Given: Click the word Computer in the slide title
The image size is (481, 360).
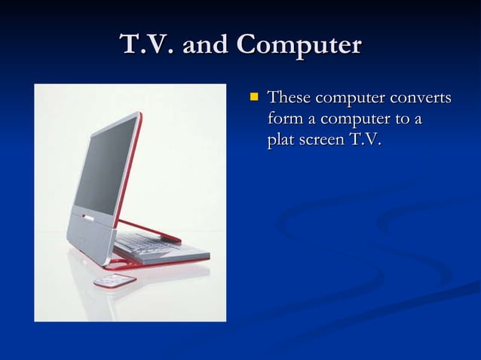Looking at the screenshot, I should click(299, 46).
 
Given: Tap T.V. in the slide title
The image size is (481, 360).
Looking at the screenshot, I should click(147, 46).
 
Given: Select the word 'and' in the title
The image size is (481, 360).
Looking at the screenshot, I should click(204, 46).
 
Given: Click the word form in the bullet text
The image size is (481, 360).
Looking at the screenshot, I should click(283, 120).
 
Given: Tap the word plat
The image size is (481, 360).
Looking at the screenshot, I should click(281, 141).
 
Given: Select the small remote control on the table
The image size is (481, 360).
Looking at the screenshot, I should click(115, 281).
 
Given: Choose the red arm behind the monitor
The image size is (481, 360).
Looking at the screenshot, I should click(151, 230).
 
